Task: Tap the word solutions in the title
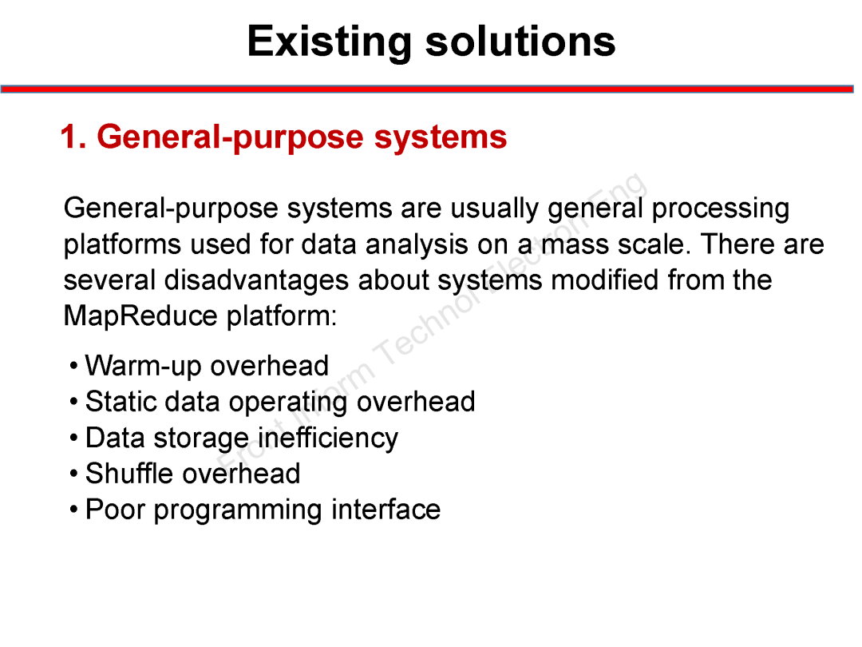(520, 42)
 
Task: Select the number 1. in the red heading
(73, 137)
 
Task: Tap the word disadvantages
(257, 280)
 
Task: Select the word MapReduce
(140, 316)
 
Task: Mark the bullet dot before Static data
(74, 402)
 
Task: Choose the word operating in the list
(288, 403)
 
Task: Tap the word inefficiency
(328, 439)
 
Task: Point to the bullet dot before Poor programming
(74, 510)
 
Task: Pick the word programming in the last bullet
(238, 510)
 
